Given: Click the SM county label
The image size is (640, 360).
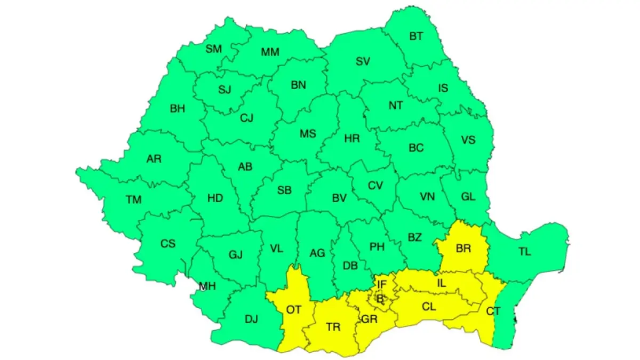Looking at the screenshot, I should pyautogui.click(x=214, y=49).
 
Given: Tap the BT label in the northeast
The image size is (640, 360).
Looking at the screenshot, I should pyautogui.click(x=416, y=37).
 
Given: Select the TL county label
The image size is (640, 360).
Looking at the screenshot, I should pyautogui.click(x=525, y=252).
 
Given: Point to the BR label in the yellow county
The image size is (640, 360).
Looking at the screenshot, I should pyautogui.click(x=463, y=248).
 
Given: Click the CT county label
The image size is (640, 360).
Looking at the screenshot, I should pyautogui.click(x=493, y=310).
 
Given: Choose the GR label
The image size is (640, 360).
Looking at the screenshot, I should pyautogui.click(x=369, y=319).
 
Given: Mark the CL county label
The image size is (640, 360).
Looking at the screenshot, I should pyautogui.click(x=429, y=307).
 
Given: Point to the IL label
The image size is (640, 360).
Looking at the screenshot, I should pyautogui.click(x=441, y=283).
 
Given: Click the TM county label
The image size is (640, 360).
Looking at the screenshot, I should pyautogui.click(x=134, y=200).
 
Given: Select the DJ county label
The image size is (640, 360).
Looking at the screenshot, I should pyautogui.click(x=251, y=319).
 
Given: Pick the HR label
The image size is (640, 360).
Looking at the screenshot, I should pyautogui.click(x=352, y=139).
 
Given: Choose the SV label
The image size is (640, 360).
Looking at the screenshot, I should pyautogui.click(x=363, y=61).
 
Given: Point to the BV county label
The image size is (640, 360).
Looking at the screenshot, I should pyautogui.click(x=339, y=198).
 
